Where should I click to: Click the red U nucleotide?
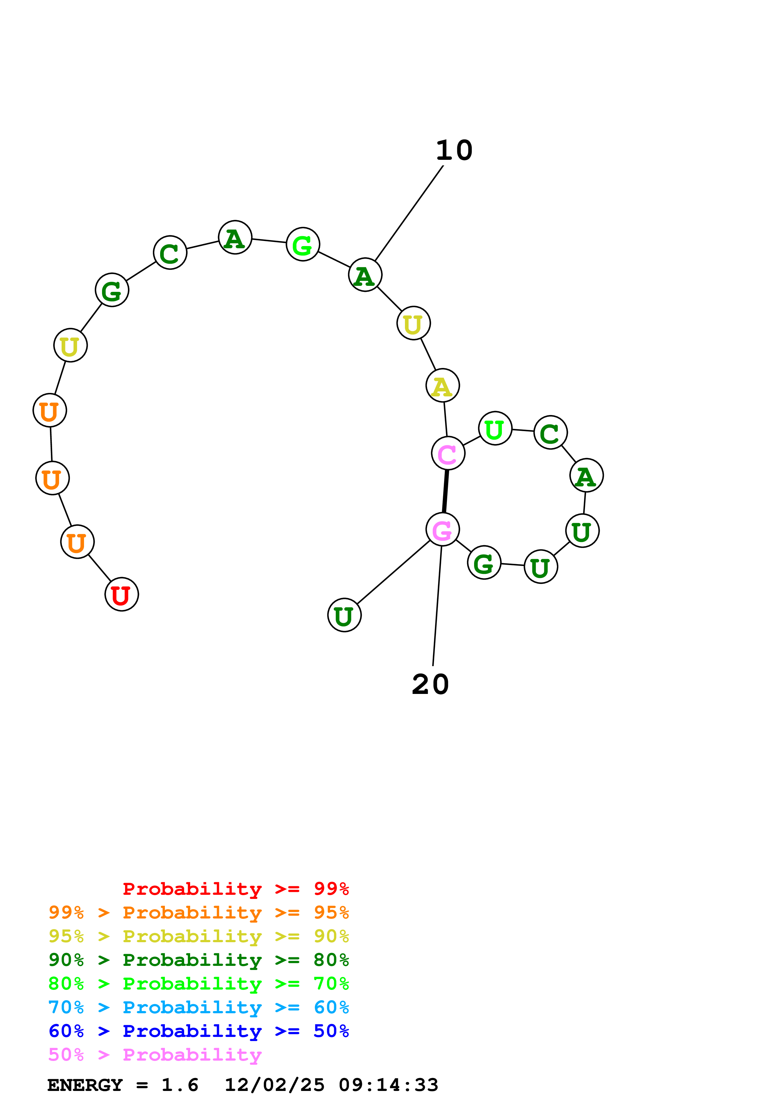(122, 594)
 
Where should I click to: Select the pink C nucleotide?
(448, 453)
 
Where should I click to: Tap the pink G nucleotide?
(443, 529)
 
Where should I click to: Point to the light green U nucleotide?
(495, 429)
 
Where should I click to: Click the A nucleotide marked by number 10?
(365, 275)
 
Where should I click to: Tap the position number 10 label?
(454, 151)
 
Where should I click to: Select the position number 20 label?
(430, 684)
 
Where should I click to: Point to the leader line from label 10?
(409, 213)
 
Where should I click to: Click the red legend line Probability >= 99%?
(235, 888)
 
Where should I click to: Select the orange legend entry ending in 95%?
(198, 912)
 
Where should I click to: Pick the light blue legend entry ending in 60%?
(198, 1007)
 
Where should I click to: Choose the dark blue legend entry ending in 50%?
(198, 1031)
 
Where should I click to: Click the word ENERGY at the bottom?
(85, 1085)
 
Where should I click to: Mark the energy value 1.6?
(179, 1085)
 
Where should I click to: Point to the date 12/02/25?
(274, 1085)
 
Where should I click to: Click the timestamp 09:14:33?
(388, 1085)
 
